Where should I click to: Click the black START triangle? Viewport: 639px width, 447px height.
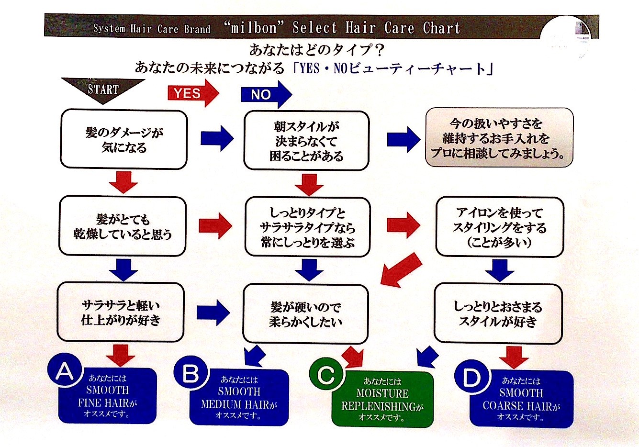pyautogui.click(x=103, y=89)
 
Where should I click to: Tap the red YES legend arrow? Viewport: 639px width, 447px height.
pyautogui.click(x=193, y=93)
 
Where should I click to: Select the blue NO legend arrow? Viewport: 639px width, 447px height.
pyautogui.click(x=266, y=94)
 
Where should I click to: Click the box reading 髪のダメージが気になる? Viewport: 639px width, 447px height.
pyautogui.click(x=124, y=139)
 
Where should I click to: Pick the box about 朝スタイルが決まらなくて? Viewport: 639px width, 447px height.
pyautogui.click(x=307, y=141)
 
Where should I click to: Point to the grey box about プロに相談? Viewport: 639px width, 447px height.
pyautogui.click(x=499, y=137)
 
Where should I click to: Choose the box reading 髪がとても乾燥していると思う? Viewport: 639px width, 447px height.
pyautogui.click(x=123, y=226)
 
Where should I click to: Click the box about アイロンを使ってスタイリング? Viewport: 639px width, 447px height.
pyautogui.click(x=500, y=227)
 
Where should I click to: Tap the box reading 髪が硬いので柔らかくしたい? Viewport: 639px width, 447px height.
pyautogui.click(x=305, y=314)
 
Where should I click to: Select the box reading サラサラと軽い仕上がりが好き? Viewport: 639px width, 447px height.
pyautogui.click(x=121, y=312)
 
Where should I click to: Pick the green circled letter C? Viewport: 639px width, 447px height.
pyautogui.click(x=326, y=374)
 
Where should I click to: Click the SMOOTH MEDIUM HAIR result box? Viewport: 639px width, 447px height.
pyautogui.click(x=239, y=397)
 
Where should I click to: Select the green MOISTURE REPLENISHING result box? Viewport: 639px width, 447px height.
pyautogui.click(x=382, y=399)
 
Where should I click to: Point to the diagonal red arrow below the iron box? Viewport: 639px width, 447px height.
pyautogui.click(x=402, y=269)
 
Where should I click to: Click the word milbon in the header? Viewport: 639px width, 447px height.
pyautogui.click(x=253, y=28)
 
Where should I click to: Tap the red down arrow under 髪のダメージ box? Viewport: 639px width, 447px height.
pyautogui.click(x=123, y=182)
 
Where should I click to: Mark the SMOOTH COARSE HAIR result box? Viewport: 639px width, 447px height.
pyautogui.click(x=521, y=399)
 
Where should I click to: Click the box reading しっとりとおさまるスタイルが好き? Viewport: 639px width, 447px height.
pyautogui.click(x=498, y=314)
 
